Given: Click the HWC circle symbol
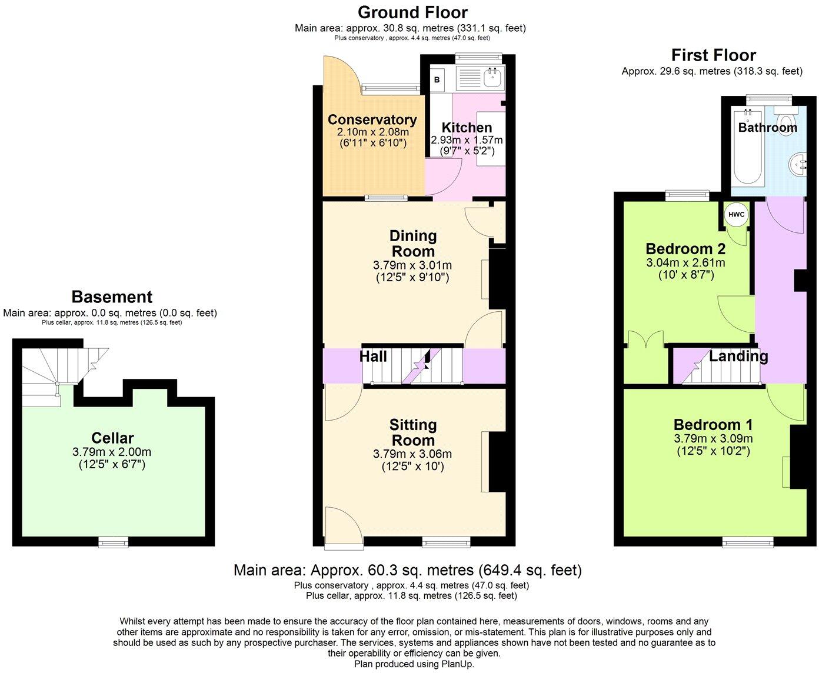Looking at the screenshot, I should tap(737, 215).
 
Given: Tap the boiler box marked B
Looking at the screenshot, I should tap(437, 79).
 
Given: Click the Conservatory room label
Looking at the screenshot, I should tap(372, 119).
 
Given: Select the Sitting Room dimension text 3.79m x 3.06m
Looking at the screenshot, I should tap(412, 454).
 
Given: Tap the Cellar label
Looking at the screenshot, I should tap(112, 438).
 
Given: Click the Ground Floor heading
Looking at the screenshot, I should tap(412, 12).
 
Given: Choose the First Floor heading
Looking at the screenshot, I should tap(713, 55).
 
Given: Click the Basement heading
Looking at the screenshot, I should tap(112, 296).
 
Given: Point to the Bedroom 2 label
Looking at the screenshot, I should tap(685, 248).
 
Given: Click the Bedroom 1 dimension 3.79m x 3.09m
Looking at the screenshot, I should tap(713, 439).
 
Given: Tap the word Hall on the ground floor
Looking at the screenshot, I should tap(373, 357).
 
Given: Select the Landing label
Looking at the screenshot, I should tap(738, 356).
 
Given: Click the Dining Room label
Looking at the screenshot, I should tap(413, 243).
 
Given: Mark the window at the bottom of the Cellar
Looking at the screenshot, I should tap(114, 541).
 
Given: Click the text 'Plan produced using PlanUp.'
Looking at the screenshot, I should tap(414, 664).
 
